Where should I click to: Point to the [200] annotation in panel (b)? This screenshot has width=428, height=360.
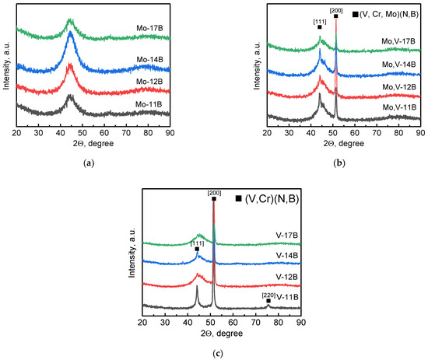[336, 10]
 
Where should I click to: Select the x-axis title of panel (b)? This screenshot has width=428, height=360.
[343, 143]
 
